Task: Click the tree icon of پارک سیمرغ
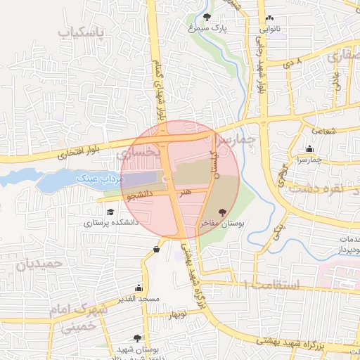(x=206, y=17)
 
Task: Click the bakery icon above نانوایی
(x=270, y=19)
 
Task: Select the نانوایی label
(x=270, y=30)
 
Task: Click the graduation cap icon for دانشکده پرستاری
(x=110, y=212)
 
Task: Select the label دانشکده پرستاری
(x=111, y=223)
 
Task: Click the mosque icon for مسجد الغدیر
(x=139, y=288)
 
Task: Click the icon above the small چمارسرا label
(x=310, y=148)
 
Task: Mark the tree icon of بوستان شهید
(x=146, y=338)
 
